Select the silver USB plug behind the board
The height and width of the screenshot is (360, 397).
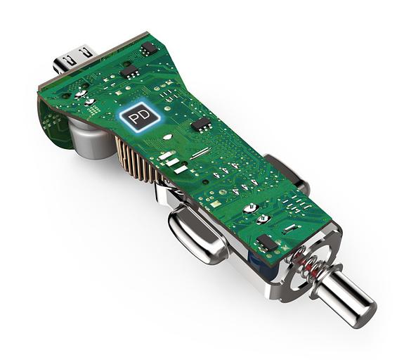coord(74,60)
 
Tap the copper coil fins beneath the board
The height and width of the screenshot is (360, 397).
coord(137,160)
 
